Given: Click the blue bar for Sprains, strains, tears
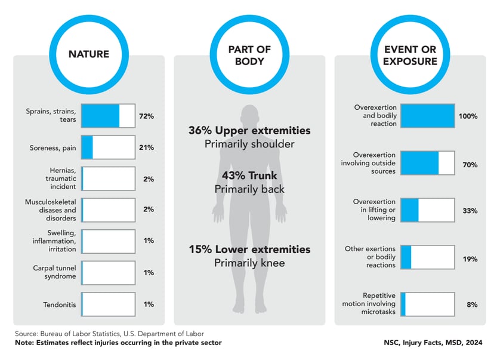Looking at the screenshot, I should coord(100,116).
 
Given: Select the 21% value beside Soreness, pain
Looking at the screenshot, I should coord(146,147).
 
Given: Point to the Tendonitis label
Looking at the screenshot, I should coord(58,304).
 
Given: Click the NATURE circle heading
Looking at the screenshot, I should coord(89,54).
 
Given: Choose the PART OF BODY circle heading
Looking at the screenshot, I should coord(249,54).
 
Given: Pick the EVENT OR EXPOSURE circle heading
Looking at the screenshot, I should coord(410,54).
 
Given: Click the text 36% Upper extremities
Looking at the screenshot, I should coord(249,131).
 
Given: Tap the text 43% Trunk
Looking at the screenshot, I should coord(249,176).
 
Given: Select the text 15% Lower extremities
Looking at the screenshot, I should coord(249,249).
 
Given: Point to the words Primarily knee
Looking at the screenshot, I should coord(249,263).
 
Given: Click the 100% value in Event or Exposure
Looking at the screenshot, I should coord(468,116).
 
